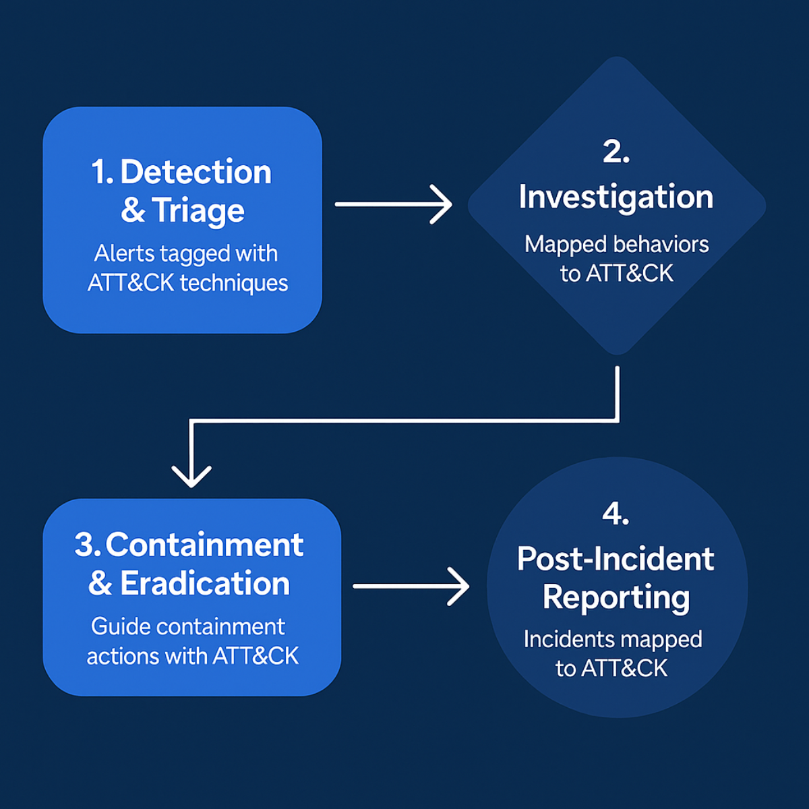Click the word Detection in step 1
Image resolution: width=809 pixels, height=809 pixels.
pyautogui.click(x=196, y=172)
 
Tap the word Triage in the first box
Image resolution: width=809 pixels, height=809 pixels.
pyautogui.click(x=198, y=210)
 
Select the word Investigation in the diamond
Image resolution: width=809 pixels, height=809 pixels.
pyautogui.click(x=616, y=197)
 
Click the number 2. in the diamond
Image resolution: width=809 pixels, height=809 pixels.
pyautogui.click(x=616, y=151)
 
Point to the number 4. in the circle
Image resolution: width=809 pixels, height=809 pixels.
pyautogui.click(x=616, y=514)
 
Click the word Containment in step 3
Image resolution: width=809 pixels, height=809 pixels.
pyautogui.click(x=204, y=545)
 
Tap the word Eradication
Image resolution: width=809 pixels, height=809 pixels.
pyautogui.click(x=205, y=583)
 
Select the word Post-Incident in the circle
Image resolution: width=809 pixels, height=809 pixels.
pyautogui.click(x=616, y=559)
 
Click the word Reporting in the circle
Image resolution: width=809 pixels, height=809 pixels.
pyautogui.click(x=616, y=597)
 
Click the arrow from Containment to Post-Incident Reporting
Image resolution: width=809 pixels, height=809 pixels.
pyautogui.click(x=411, y=586)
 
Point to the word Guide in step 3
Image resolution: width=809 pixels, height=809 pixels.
pyautogui.click(x=119, y=626)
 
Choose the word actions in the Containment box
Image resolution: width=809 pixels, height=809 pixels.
pyautogui.click(x=122, y=656)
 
